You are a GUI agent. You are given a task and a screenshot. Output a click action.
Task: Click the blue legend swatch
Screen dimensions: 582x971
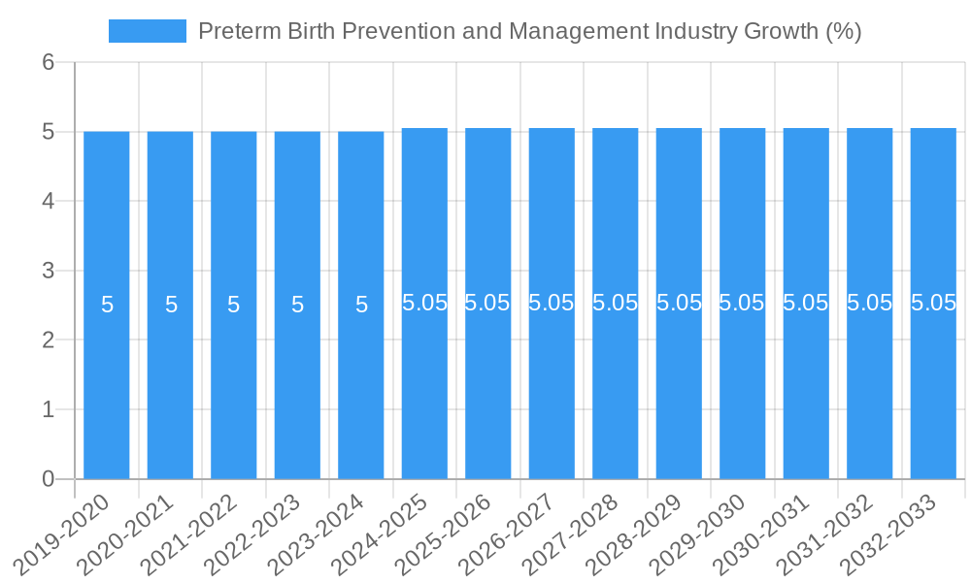tap(147, 31)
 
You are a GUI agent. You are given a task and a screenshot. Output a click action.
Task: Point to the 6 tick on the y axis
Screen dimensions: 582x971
tap(49, 62)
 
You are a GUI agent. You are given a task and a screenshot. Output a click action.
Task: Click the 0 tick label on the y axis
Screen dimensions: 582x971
tap(49, 479)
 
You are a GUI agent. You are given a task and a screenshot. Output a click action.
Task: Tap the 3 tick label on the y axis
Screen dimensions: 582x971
tap(49, 271)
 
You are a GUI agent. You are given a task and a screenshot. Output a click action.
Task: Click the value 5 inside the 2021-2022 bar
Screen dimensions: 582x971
tap(234, 305)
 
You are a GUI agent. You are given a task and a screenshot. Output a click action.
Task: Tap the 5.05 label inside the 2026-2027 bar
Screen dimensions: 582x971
tap(552, 303)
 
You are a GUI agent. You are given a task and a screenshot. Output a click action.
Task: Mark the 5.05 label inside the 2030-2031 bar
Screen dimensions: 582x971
tap(806, 303)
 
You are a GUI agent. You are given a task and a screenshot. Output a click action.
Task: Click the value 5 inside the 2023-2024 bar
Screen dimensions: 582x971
tap(361, 305)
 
